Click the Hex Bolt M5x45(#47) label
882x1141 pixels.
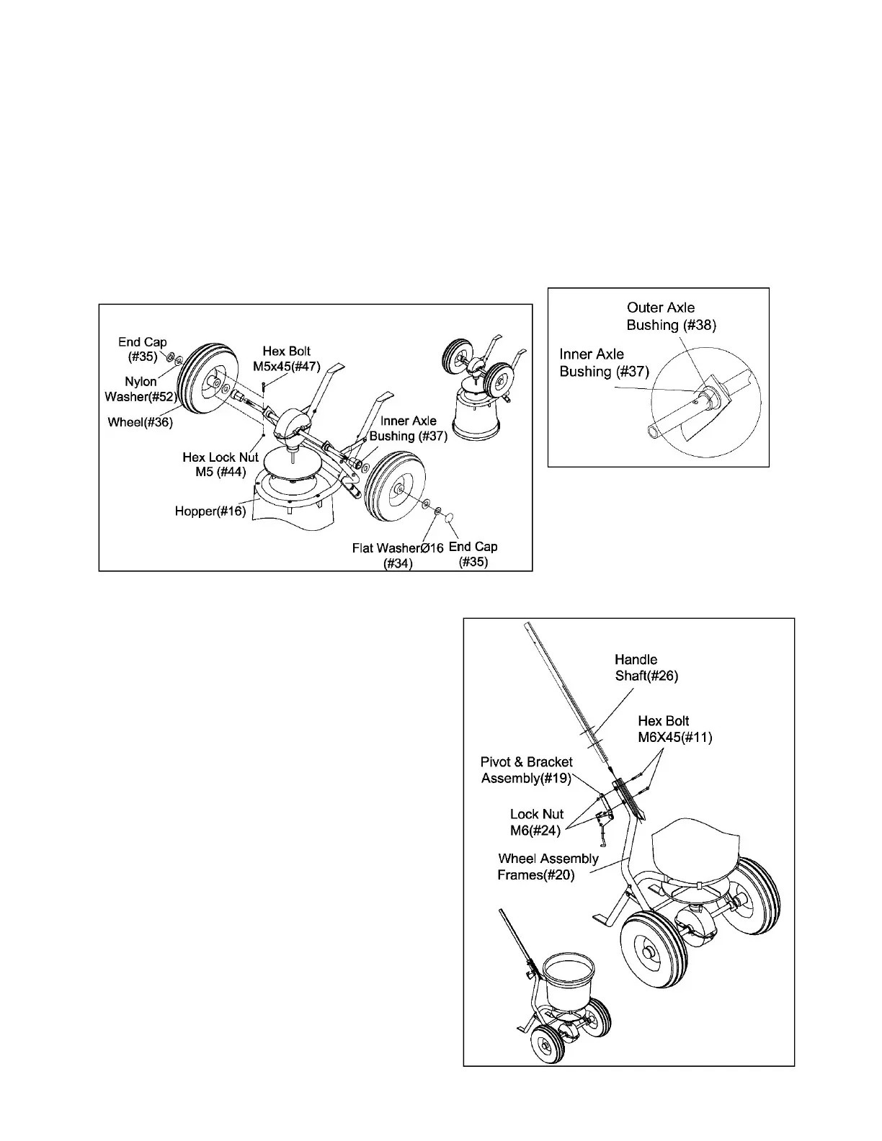tap(286, 359)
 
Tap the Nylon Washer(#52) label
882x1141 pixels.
tap(141, 389)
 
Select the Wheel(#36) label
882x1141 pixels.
tap(141, 422)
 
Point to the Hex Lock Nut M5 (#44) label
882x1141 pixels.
tap(220, 465)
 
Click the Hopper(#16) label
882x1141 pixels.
tap(210, 511)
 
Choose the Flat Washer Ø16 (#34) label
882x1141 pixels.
tap(398, 555)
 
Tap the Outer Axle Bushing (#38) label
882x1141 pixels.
tap(671, 316)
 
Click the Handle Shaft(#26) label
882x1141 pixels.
tap(646, 668)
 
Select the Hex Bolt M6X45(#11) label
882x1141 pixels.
tap(674, 729)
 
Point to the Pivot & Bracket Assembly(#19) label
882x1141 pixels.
tap(526, 770)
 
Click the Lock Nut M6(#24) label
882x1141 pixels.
tap(536, 822)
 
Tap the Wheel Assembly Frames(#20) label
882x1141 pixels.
tap(548, 867)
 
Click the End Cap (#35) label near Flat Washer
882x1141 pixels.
tap(473, 554)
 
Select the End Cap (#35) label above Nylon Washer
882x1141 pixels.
tap(143, 349)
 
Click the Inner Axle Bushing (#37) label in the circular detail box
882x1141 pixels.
tap(604, 363)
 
